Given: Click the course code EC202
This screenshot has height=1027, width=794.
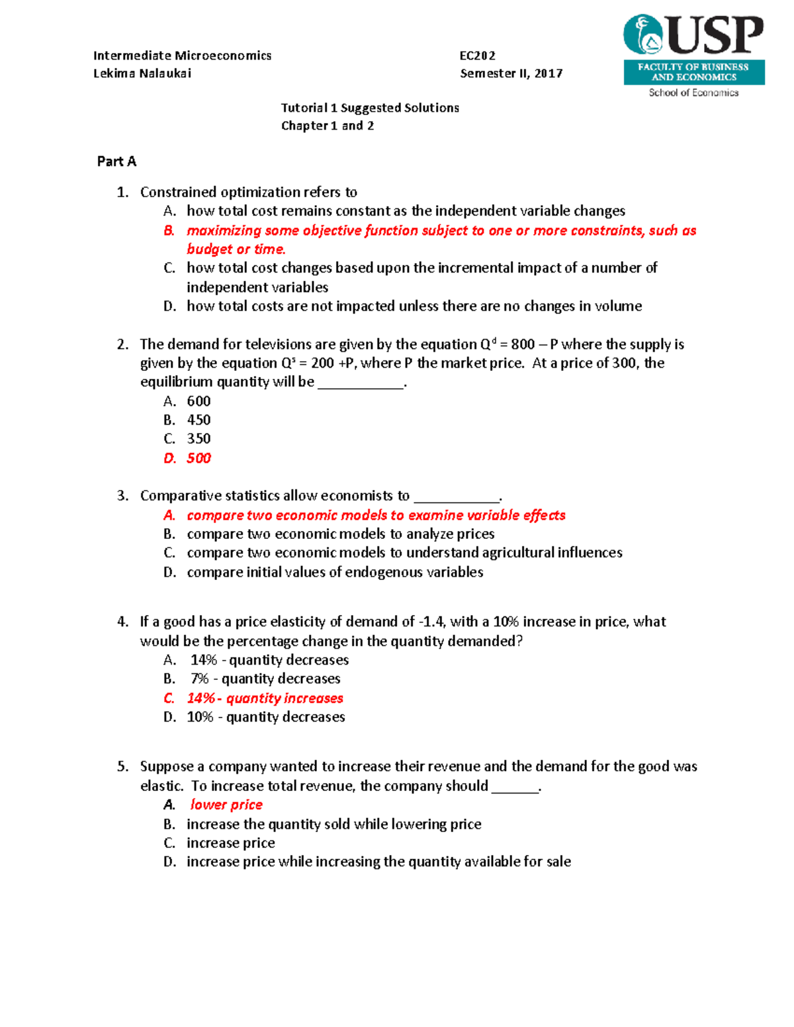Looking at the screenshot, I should coord(477,56).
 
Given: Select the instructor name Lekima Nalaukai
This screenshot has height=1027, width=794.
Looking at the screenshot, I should coord(142,73).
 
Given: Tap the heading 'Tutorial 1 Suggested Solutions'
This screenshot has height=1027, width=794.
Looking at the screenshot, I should coord(370,108).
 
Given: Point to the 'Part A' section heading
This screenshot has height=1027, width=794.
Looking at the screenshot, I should coord(116,161).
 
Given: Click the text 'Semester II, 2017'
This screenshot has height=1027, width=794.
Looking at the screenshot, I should coord(511,73).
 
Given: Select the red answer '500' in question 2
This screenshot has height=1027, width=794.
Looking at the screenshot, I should coord(198,458).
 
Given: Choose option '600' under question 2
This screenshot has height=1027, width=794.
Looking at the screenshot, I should coord(198,401).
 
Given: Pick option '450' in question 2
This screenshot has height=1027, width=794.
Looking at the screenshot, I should coord(198,420).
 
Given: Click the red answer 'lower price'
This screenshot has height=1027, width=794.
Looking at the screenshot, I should coord(226,805).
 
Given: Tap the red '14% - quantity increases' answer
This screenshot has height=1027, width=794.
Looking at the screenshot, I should coord(265,698).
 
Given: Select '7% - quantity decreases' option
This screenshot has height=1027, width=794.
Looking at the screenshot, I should coord(265,678).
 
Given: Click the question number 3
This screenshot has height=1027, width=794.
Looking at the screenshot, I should coord(122,496).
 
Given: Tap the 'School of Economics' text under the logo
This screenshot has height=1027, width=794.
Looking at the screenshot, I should coord(693,93).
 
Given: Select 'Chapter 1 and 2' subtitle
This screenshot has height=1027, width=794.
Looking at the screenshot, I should coord(328,126).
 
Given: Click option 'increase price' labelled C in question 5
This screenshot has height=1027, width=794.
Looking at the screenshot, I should coord(230,843).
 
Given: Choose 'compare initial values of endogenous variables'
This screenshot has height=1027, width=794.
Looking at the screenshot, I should coord(335,572).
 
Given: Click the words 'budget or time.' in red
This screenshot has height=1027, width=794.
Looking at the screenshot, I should coord(236,249).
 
